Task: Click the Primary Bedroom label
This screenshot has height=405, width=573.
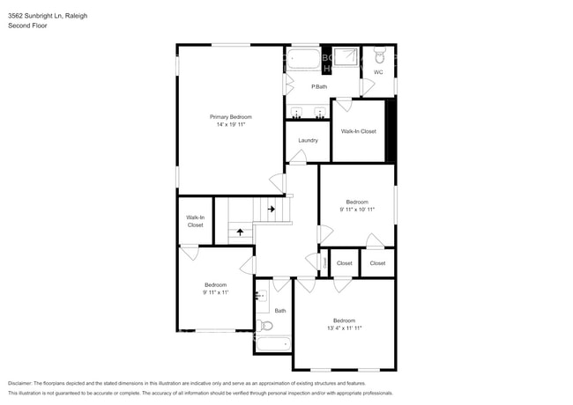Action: pos(230,117)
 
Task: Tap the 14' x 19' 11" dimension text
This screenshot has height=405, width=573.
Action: pos(230,125)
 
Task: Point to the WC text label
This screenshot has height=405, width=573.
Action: pos(378,72)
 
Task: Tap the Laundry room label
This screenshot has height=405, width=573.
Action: pos(308,140)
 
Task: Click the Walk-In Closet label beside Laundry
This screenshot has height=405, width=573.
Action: pos(358,131)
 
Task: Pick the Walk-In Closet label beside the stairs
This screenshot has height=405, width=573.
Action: pos(195,221)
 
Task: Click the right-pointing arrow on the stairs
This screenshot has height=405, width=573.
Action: pos(272,209)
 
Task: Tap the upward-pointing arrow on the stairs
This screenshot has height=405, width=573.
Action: pos(240,232)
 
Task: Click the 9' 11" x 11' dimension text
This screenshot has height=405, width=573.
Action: pos(216,292)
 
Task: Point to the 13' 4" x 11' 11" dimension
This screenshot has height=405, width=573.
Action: pos(344,328)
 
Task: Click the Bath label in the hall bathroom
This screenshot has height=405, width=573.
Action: pos(280,310)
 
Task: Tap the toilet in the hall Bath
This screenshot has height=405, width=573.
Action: pos(266,326)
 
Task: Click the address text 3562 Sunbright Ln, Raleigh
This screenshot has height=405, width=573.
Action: pos(49,16)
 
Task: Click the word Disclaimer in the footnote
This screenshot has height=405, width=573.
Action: pos(23,384)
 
